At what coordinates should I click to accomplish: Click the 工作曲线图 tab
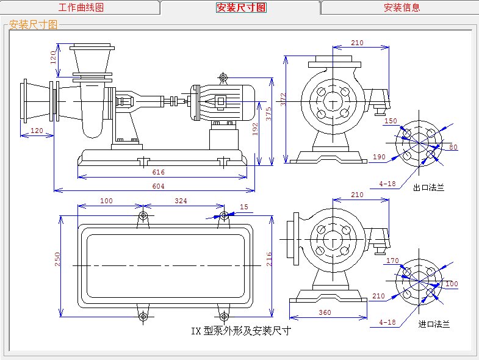[x=81, y=7]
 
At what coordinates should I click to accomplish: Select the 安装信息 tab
[x=402, y=7]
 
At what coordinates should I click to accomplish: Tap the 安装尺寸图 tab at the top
[x=241, y=7]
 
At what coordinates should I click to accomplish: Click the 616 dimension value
[x=159, y=173]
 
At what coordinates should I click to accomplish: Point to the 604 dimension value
[x=158, y=186]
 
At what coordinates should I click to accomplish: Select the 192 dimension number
[x=256, y=129]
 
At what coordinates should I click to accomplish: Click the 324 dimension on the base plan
[x=181, y=201]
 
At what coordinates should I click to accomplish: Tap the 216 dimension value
[x=269, y=260]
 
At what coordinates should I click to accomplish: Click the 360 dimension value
[x=324, y=312]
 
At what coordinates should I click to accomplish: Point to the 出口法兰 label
[x=428, y=188]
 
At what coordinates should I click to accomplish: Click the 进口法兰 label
[x=434, y=324]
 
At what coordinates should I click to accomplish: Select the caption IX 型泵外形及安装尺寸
[x=241, y=331]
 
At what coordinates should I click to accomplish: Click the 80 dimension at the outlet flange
[x=453, y=147]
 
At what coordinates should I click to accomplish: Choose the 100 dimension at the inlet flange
[x=452, y=284]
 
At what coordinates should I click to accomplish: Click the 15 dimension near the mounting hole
[x=244, y=207]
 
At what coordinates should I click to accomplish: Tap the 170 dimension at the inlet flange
[x=392, y=261]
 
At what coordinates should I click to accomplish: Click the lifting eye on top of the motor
[x=223, y=77]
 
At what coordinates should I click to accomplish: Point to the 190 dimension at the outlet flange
[x=378, y=157]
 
